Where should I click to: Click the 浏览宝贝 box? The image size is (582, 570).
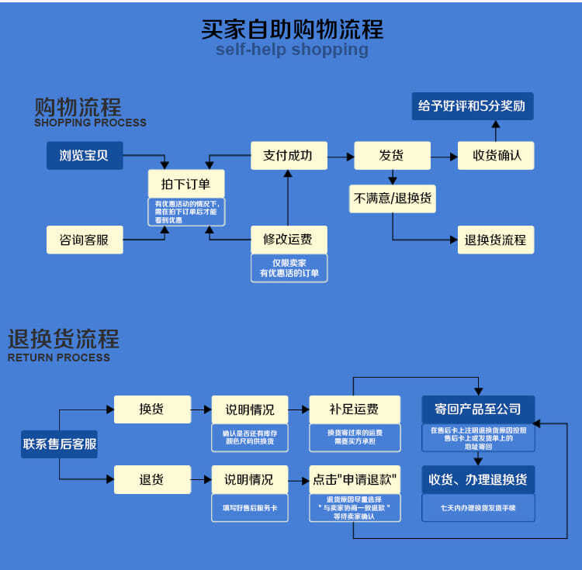(x=85, y=155)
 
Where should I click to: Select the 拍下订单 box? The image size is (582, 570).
(x=186, y=184)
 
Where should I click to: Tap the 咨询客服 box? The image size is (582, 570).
(x=85, y=240)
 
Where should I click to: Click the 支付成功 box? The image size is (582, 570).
(x=289, y=155)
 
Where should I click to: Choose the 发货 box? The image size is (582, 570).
(x=392, y=155)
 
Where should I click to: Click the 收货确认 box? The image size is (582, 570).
(x=497, y=155)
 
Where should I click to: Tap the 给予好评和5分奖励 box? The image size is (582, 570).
(x=472, y=106)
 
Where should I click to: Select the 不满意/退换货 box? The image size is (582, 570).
(x=392, y=198)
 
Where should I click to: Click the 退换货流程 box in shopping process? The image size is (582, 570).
(x=495, y=240)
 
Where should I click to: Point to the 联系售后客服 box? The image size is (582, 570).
(x=60, y=444)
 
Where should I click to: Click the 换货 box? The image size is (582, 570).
(x=152, y=409)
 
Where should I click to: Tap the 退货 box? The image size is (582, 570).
(x=152, y=479)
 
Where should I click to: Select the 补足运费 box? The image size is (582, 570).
(x=354, y=409)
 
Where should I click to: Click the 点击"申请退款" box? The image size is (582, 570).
(x=354, y=479)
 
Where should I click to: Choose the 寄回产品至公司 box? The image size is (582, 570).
(x=478, y=409)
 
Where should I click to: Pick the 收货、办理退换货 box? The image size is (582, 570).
(x=478, y=479)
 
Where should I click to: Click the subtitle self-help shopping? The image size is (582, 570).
(x=292, y=50)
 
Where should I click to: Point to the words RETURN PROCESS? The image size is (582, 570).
(x=59, y=358)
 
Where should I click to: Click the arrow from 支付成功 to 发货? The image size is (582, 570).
(x=340, y=156)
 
